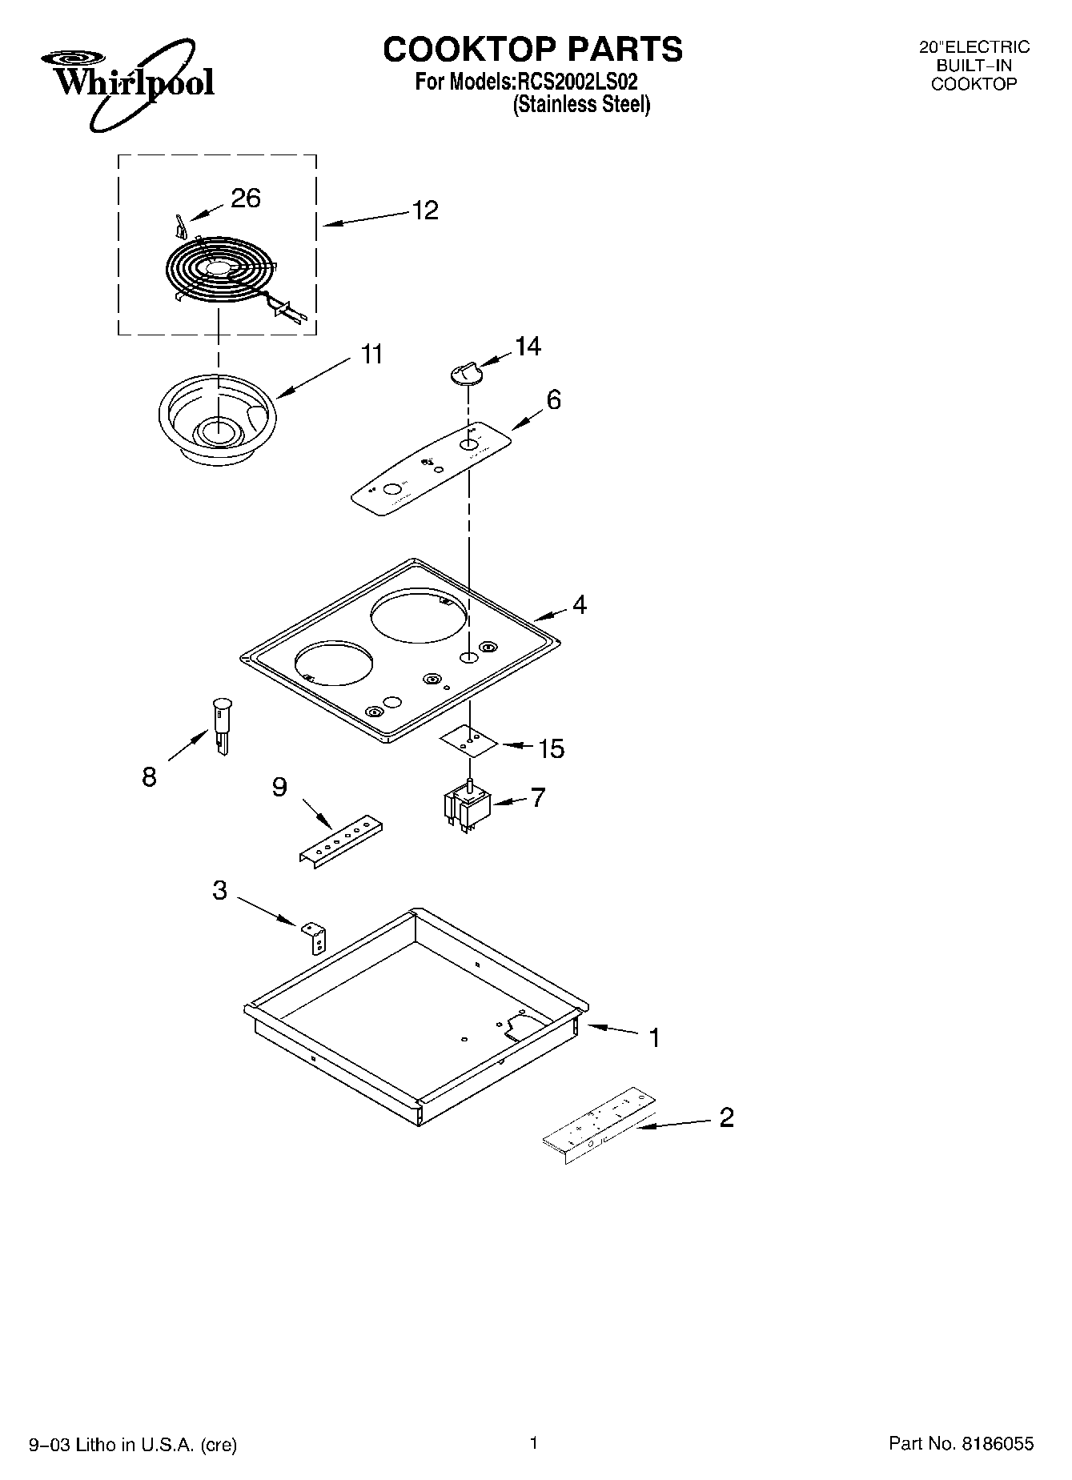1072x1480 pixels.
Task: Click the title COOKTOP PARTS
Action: point(532,49)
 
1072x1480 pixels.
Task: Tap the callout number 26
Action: point(246,198)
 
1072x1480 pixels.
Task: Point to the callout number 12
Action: point(425,210)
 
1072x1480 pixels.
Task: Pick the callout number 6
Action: point(553,399)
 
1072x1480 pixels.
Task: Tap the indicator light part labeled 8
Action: point(221,724)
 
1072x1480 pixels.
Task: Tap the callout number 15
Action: point(551,748)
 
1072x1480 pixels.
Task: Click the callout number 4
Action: point(579,604)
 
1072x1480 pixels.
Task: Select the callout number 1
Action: point(654,1038)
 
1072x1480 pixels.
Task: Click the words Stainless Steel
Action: point(581,104)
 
